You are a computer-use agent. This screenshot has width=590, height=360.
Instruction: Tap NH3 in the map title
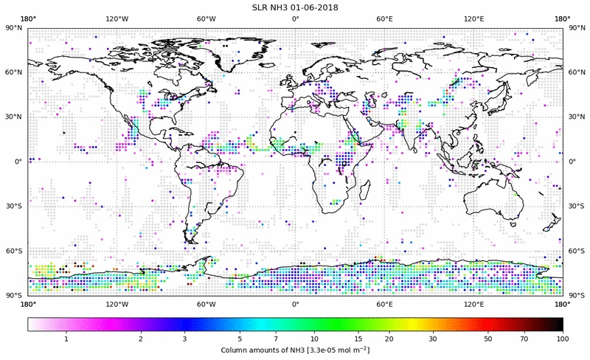[280, 7]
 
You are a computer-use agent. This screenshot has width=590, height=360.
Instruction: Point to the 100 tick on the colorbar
[563, 338]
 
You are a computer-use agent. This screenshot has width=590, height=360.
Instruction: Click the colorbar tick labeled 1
[66, 338]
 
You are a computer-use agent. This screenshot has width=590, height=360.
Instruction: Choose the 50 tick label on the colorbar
[488, 338]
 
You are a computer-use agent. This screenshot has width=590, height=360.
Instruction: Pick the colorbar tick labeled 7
[275, 338]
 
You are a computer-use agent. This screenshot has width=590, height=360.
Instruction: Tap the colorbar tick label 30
[434, 338]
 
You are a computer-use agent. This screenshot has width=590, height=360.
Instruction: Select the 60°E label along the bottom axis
[384, 303]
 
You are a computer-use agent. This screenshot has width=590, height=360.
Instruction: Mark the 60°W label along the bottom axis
[206, 303]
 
